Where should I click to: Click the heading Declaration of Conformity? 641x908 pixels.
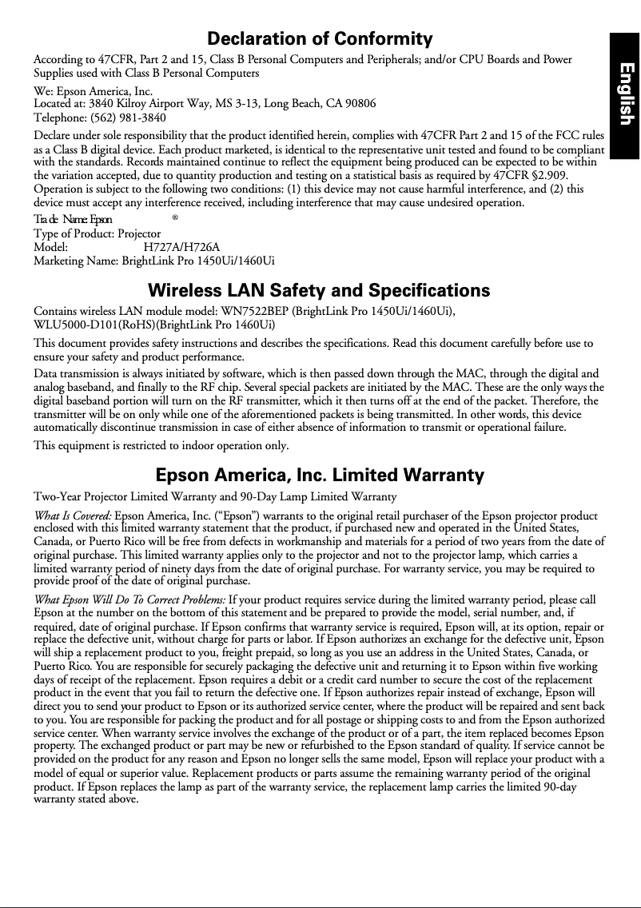320,39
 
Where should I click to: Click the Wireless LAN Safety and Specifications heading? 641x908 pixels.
320,289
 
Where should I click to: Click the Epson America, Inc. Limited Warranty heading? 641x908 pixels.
320,476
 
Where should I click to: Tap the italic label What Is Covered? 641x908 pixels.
73,516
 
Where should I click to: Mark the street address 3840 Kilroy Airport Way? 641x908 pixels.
151,103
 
